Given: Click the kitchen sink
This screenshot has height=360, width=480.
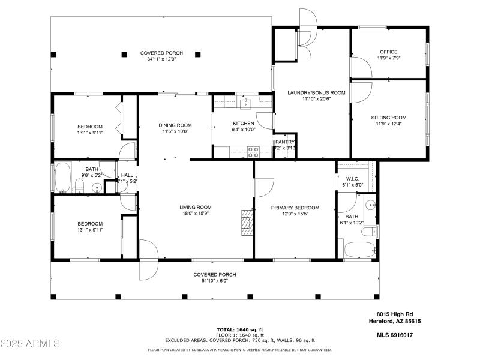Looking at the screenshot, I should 245,103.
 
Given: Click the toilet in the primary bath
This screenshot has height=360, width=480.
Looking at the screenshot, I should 372,230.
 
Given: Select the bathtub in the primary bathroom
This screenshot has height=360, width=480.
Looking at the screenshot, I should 359,249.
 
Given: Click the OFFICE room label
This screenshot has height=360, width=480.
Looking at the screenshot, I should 388,52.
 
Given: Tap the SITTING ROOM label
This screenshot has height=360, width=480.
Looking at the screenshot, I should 389,118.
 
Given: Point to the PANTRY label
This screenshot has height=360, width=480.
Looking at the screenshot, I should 285,142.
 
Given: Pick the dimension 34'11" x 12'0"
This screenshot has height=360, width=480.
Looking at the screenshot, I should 161,59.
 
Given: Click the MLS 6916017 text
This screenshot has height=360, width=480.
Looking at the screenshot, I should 395,335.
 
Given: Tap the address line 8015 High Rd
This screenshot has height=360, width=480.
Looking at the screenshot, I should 395,314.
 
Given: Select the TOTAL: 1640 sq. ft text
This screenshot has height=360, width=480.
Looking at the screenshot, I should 239,329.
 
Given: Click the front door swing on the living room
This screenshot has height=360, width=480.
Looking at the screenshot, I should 148,260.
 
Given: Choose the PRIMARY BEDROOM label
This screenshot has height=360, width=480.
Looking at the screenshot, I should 295,208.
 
